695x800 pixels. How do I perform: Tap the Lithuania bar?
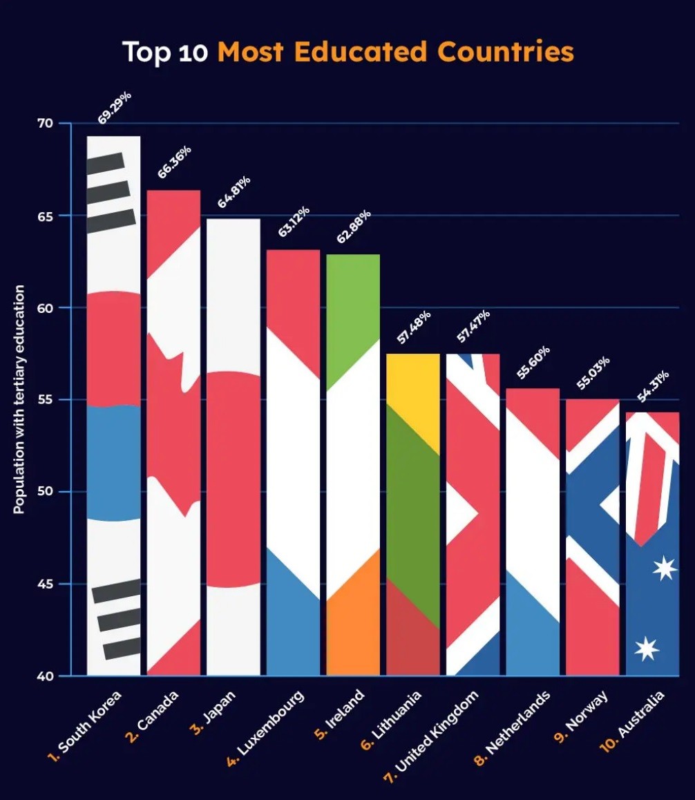pyautogui.click(x=413, y=514)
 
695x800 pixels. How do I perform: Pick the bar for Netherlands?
pyautogui.click(x=533, y=531)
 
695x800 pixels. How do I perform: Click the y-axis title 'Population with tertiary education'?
pyautogui.click(x=19, y=399)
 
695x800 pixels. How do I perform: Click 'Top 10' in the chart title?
pyautogui.click(x=165, y=52)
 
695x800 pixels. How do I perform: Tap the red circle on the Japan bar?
pyautogui.click(x=234, y=479)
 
